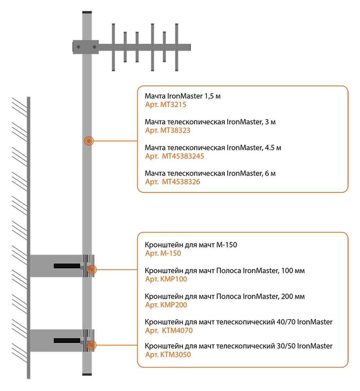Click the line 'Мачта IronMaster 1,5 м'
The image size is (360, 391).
pyautogui.click(x=183, y=96)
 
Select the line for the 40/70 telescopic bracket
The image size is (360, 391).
pyautogui.click(x=238, y=322)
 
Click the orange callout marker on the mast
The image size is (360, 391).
pyautogui.click(x=89, y=141)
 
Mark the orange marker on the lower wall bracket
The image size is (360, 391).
pyautogui.click(x=92, y=345)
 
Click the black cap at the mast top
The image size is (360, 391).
pyautogui.click(x=87, y=12)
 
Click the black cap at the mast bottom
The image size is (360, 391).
pyautogui.click(x=87, y=375)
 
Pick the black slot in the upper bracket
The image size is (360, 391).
pyautogui.click(x=67, y=266)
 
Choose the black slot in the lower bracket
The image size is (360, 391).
pyautogui.click(x=67, y=341)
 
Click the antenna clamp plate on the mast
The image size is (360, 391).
pyautogui.click(x=86, y=47)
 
